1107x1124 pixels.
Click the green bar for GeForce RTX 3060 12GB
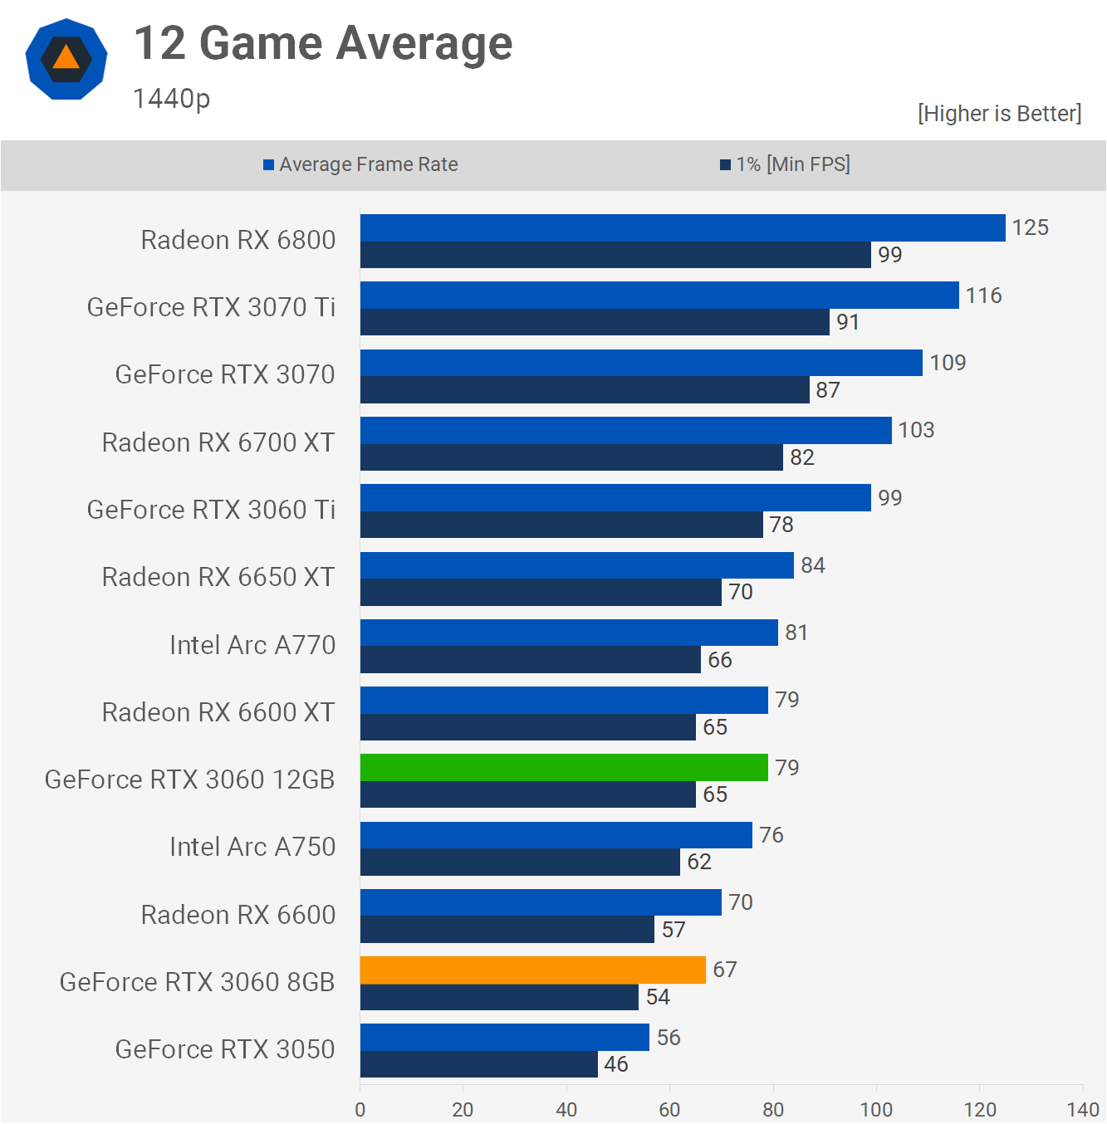pos(564,768)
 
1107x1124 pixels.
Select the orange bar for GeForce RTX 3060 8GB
pos(532,970)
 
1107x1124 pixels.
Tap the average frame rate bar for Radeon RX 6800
pos(683,228)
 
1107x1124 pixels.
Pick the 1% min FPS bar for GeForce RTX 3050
pos(478,1064)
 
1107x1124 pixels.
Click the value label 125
pos(1030,227)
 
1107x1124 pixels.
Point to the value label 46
pos(615,1064)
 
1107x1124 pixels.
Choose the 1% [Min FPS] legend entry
pos(785,164)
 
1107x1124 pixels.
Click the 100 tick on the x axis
pos(876,1109)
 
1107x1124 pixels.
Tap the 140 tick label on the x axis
pos(1083,1109)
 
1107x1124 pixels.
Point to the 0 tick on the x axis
pos(360,1109)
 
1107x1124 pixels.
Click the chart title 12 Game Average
pos(323,44)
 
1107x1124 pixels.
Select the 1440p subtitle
pos(172,99)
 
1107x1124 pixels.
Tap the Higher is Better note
pos(999,114)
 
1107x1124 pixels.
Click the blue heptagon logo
pos(66,60)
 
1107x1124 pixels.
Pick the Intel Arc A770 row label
pos(252,645)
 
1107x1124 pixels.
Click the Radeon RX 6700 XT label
pos(218,442)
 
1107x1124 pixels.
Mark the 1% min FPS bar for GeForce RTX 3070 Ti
pos(595,322)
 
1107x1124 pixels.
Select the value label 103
pos(916,430)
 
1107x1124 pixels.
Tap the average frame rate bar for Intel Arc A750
pos(556,835)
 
